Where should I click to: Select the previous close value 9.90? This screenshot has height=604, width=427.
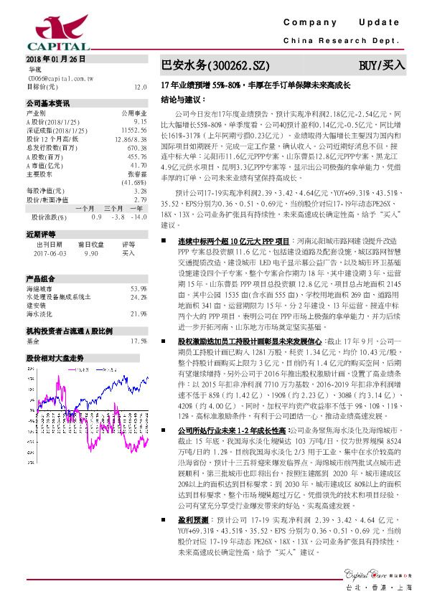91,253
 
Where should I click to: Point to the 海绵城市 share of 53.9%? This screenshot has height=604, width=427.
139,288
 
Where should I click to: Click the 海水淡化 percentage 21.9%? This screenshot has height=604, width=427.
139,313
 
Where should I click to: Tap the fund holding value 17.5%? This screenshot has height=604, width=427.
139,341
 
